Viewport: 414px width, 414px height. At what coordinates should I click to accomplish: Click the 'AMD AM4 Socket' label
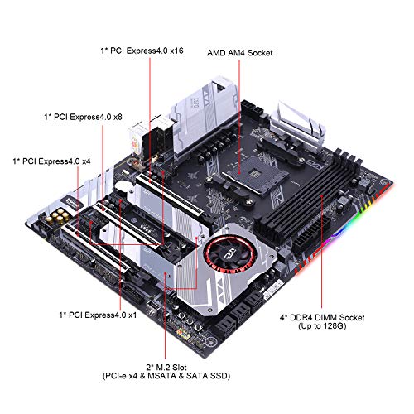click(239, 53)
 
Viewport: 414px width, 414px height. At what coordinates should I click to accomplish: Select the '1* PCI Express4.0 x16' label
click(142, 51)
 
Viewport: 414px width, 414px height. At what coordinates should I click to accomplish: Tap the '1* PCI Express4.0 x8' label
click(83, 117)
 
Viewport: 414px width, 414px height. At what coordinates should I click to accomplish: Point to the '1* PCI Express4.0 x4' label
click(51, 161)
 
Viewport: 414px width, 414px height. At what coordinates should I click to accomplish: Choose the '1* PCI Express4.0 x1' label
click(98, 315)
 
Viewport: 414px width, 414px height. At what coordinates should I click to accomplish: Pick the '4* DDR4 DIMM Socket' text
click(322, 317)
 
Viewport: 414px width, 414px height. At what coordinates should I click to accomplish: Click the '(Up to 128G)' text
click(322, 326)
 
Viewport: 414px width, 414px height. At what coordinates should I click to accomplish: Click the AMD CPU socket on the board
click(255, 173)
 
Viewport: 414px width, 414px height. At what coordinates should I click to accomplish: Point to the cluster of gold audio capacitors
click(57, 217)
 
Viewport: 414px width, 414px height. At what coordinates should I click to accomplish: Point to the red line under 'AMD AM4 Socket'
click(239, 116)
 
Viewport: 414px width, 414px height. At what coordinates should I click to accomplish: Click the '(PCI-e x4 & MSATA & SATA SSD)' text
click(166, 376)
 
